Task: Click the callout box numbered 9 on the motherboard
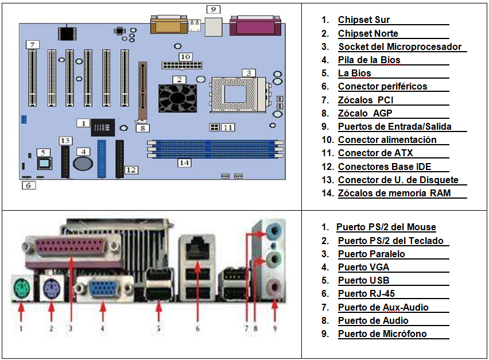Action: [213, 9]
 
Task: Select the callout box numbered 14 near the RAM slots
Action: [184, 162]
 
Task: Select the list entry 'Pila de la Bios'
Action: [369, 60]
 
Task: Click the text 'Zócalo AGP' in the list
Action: [365, 113]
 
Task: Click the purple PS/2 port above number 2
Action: [50, 287]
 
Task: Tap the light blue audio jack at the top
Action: [274, 230]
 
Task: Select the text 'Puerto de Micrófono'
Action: [382, 334]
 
